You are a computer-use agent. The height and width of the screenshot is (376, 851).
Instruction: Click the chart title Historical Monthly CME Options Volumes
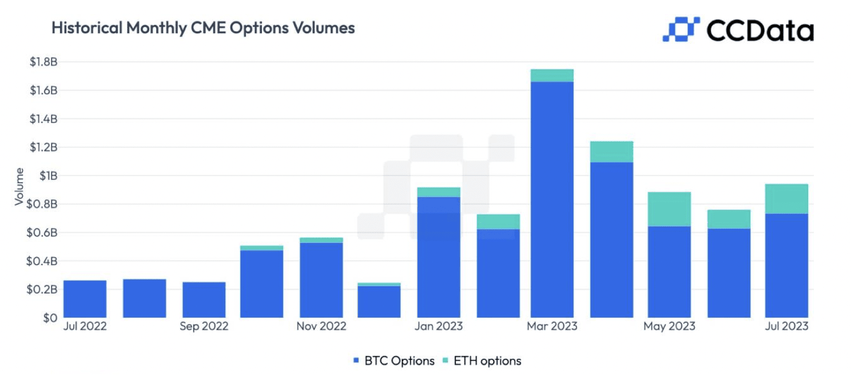point(203,27)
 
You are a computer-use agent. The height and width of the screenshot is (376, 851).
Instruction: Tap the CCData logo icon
point(681,29)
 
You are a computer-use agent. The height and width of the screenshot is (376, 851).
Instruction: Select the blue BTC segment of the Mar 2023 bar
point(552,200)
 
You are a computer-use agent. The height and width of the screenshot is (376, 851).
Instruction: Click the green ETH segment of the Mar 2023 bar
point(552,75)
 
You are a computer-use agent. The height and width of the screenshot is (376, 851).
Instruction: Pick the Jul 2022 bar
point(85,299)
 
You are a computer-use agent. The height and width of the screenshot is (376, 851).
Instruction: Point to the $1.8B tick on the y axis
point(45,62)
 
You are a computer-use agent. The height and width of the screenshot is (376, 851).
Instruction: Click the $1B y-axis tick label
point(48,175)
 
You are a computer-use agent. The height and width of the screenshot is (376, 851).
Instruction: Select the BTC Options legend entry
point(393,361)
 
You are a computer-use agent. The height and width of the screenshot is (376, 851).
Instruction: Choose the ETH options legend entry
point(482,361)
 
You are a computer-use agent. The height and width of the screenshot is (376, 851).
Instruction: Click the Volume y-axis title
point(19,187)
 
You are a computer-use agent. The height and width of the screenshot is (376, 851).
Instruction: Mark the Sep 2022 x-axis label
point(204,326)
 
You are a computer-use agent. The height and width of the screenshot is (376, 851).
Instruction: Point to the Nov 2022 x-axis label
point(321,326)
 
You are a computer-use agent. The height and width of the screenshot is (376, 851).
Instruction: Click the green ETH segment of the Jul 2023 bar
point(786,199)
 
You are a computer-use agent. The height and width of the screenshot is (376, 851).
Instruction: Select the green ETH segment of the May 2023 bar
point(669,209)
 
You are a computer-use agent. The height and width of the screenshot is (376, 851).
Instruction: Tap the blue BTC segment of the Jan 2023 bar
point(439,257)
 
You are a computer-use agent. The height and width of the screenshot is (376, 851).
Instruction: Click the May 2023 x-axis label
point(669,326)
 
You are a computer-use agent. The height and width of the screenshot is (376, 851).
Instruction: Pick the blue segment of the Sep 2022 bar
point(204,300)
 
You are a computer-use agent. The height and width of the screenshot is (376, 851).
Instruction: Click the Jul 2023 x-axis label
point(786,326)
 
